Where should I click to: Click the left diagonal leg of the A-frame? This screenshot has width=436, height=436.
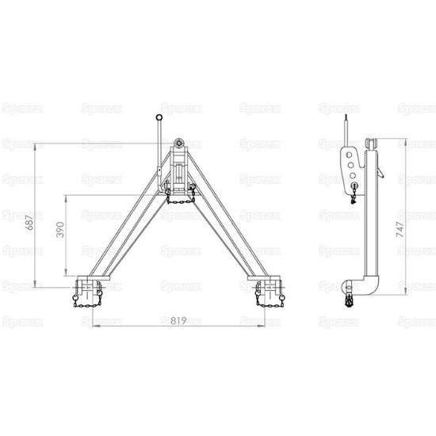click(123, 230)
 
